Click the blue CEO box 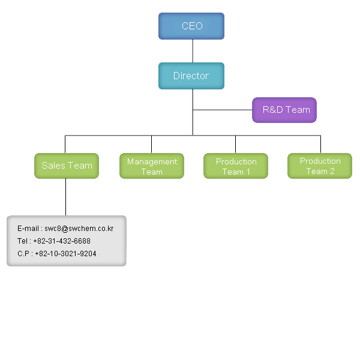pyautogui.click(x=191, y=26)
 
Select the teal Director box pyautogui.click(x=191, y=76)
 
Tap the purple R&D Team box pyautogui.click(x=284, y=110)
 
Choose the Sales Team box pyautogui.click(x=67, y=166)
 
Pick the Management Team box pyautogui.click(x=152, y=166)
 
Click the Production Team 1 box pyautogui.click(x=236, y=166)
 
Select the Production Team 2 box pyautogui.click(x=320, y=166)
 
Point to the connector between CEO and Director pyautogui.click(x=193, y=51)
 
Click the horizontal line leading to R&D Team pyautogui.click(x=222, y=110)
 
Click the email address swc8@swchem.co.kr pyautogui.click(x=79, y=229)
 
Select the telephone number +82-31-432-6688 pyautogui.click(x=62, y=241)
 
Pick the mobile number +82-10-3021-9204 pyautogui.click(x=65, y=254)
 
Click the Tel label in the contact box pyautogui.click(x=23, y=241)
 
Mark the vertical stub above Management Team pyautogui.click(x=151, y=144)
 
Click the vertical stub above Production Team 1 pyautogui.click(x=235, y=144)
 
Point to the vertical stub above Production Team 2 pyautogui.click(x=320, y=144)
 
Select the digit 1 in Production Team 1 pyautogui.click(x=248, y=172)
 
